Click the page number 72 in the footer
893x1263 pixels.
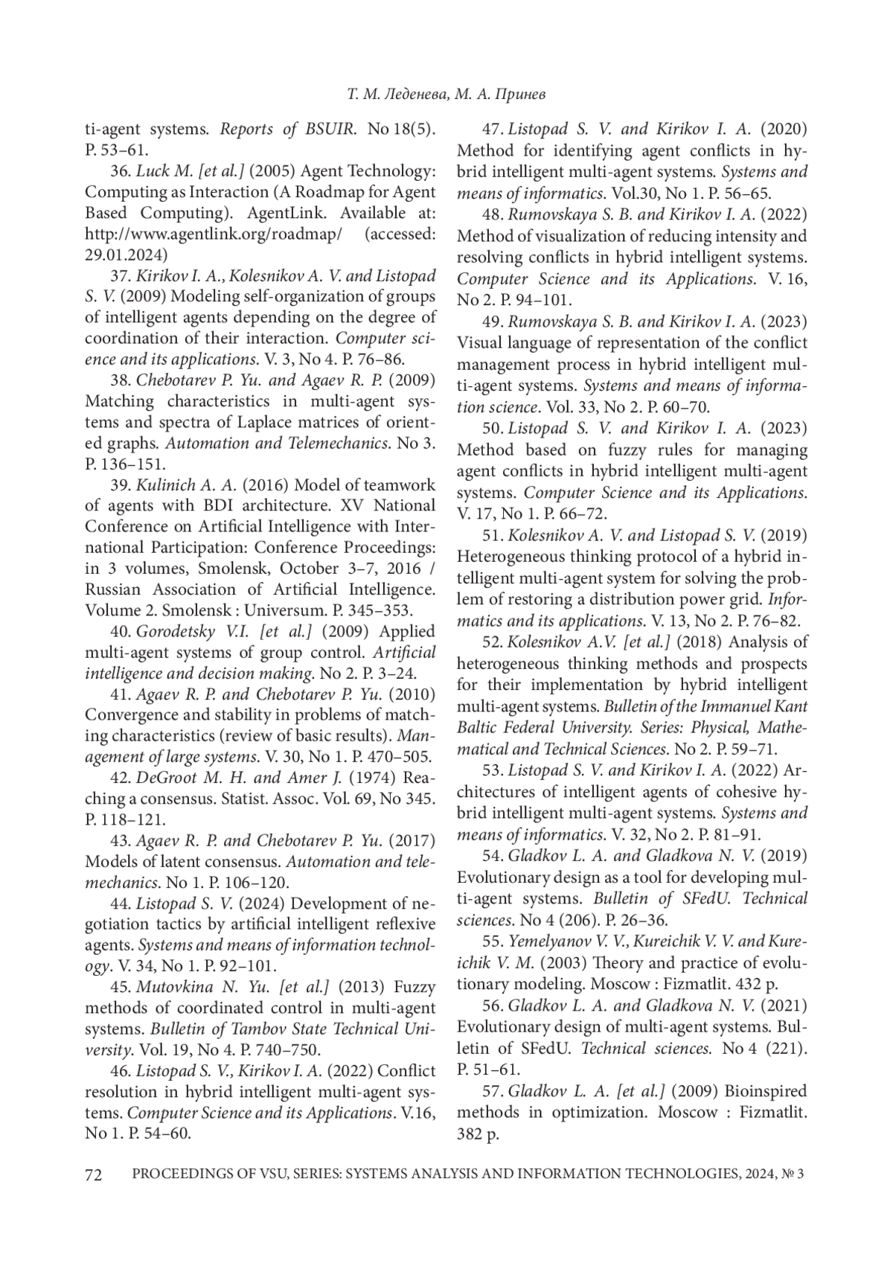click(93, 1175)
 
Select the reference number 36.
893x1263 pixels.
click(121, 171)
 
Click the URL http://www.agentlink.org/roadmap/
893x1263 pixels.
click(214, 234)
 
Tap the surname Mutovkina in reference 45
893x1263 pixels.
click(175, 987)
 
